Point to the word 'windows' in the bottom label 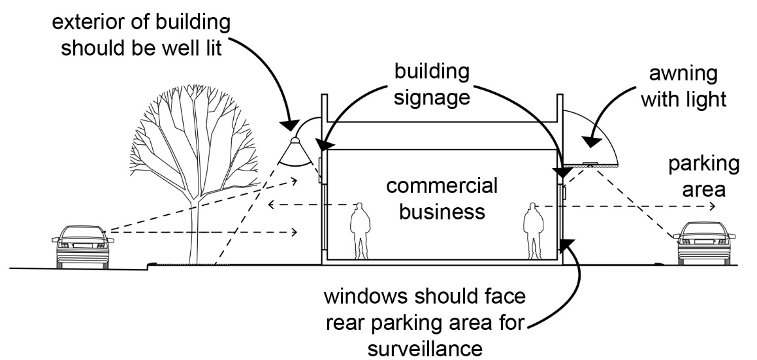point(357,300)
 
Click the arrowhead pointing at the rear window point(566,244)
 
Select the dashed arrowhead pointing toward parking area point(711,206)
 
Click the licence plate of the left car point(82,246)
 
